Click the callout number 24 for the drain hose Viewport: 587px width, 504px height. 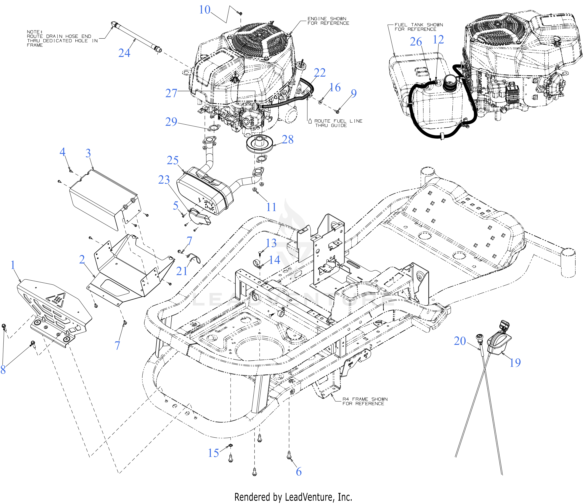[124, 53]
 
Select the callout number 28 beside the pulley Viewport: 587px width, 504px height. [287, 139]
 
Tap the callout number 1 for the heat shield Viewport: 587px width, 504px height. [13, 265]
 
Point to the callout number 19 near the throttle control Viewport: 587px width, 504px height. [515, 362]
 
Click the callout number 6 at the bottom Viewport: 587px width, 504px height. [299, 471]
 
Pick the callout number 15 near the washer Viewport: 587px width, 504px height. [213, 453]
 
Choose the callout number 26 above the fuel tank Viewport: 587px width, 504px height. [416, 42]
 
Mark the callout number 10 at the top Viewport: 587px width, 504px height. [205, 10]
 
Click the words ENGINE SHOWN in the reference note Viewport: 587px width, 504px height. [327, 19]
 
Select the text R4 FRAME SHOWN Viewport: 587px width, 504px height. [365, 399]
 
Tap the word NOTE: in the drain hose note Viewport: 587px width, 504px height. [35, 32]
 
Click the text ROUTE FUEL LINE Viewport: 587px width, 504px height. [338, 121]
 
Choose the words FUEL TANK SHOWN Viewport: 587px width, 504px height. [419, 25]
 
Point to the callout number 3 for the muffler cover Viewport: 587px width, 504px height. [88, 153]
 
